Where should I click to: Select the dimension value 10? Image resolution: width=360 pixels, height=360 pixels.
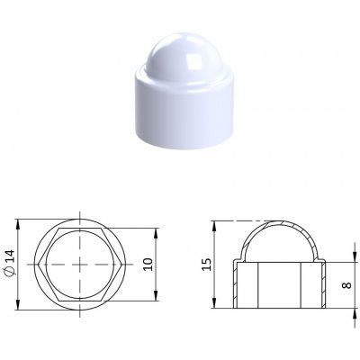pos(148,264)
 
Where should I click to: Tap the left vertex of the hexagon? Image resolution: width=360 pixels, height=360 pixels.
pos(40,265)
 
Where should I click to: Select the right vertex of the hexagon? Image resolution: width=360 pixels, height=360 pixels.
pos(121,265)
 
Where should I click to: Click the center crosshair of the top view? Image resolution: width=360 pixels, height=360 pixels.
pos(80,265)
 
